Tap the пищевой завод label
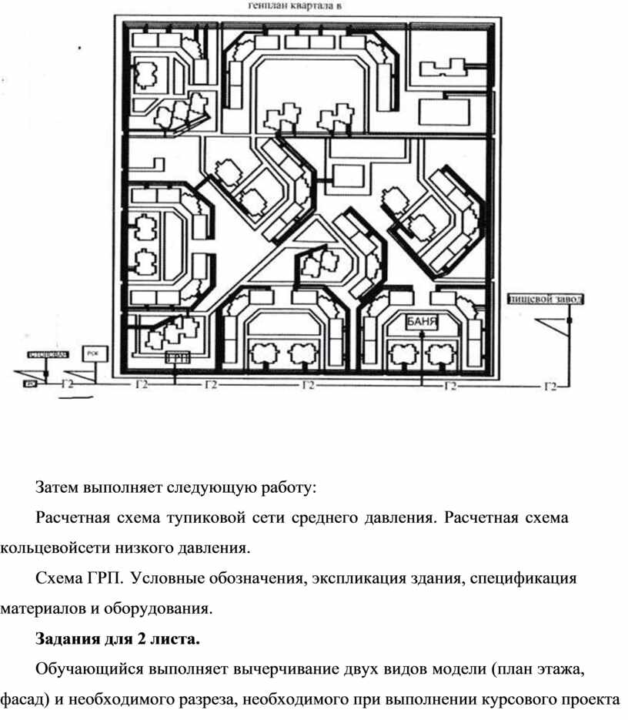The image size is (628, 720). coord(546,299)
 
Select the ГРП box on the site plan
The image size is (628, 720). coord(178,358)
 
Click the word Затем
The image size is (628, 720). coord(58,487)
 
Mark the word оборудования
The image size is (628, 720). coord(159,609)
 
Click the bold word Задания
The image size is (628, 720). coord(65,639)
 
